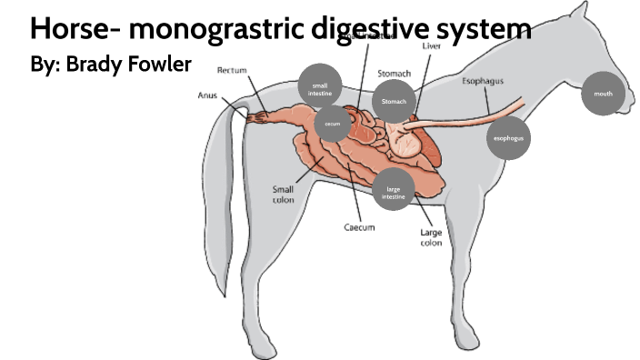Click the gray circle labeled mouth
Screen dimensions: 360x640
coord(603,94)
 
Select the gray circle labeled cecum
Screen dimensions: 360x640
coord(333,123)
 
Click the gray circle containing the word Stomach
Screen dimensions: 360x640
coord(394,102)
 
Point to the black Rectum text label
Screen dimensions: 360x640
coord(232,71)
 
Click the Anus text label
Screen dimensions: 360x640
coord(208,95)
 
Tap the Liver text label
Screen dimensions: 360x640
coord(434,45)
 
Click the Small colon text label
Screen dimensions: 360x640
coord(283,195)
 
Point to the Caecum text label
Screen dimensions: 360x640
coord(358,227)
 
